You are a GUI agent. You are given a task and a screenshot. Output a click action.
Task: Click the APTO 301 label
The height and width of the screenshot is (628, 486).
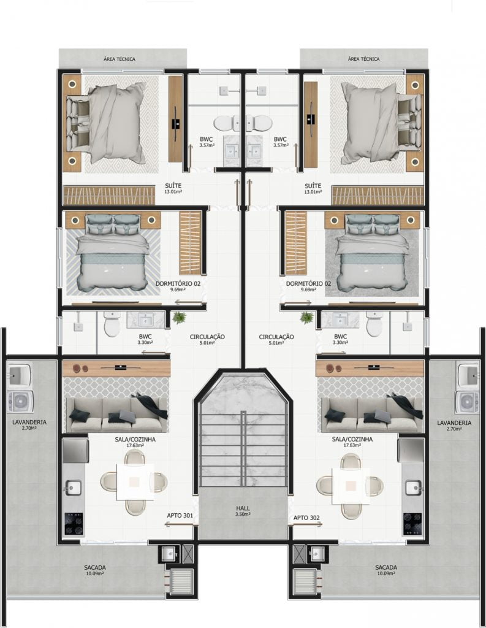pos(180,515)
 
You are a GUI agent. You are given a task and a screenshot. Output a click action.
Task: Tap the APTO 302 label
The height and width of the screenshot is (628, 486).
pos(306,518)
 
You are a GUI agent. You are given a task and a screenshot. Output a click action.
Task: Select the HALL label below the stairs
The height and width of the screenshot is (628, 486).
pos(243,508)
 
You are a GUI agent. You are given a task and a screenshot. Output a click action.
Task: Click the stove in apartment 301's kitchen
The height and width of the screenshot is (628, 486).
pos(74,524)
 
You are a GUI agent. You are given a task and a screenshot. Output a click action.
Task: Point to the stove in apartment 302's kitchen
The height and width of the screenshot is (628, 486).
pos(412,524)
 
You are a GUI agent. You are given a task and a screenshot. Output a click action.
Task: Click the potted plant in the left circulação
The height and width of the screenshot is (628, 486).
pos(179,318)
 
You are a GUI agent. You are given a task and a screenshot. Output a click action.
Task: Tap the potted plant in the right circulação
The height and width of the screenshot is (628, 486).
pos(306,318)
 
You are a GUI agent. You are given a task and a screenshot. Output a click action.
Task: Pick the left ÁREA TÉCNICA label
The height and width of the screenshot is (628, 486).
pos(120,59)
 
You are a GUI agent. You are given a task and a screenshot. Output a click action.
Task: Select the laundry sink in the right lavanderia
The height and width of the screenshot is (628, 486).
pos(467,375)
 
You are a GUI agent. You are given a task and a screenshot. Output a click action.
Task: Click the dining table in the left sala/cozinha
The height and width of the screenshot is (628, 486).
pos(135,482)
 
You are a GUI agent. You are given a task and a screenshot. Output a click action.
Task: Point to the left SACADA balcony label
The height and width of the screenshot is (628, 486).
pos(95,567)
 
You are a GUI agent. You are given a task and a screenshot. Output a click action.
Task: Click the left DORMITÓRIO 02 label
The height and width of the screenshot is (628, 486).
pos(178,283)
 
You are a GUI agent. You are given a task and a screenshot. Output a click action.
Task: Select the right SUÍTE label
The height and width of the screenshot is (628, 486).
pos(313,186)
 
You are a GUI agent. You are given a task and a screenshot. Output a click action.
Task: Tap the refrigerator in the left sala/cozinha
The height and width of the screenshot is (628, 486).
pos(75,450)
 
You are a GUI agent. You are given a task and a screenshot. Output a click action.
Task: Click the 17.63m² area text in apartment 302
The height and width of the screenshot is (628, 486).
pos(352,445)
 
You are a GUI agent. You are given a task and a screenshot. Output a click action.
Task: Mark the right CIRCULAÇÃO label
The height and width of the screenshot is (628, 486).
pos(276,337)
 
